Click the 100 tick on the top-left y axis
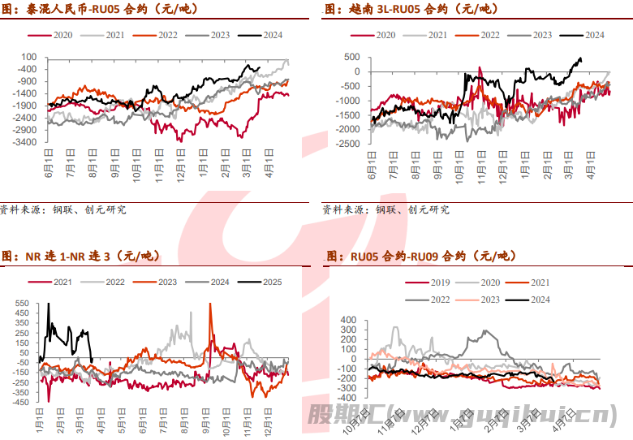31,57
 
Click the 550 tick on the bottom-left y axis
22,303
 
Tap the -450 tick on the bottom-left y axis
20,402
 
